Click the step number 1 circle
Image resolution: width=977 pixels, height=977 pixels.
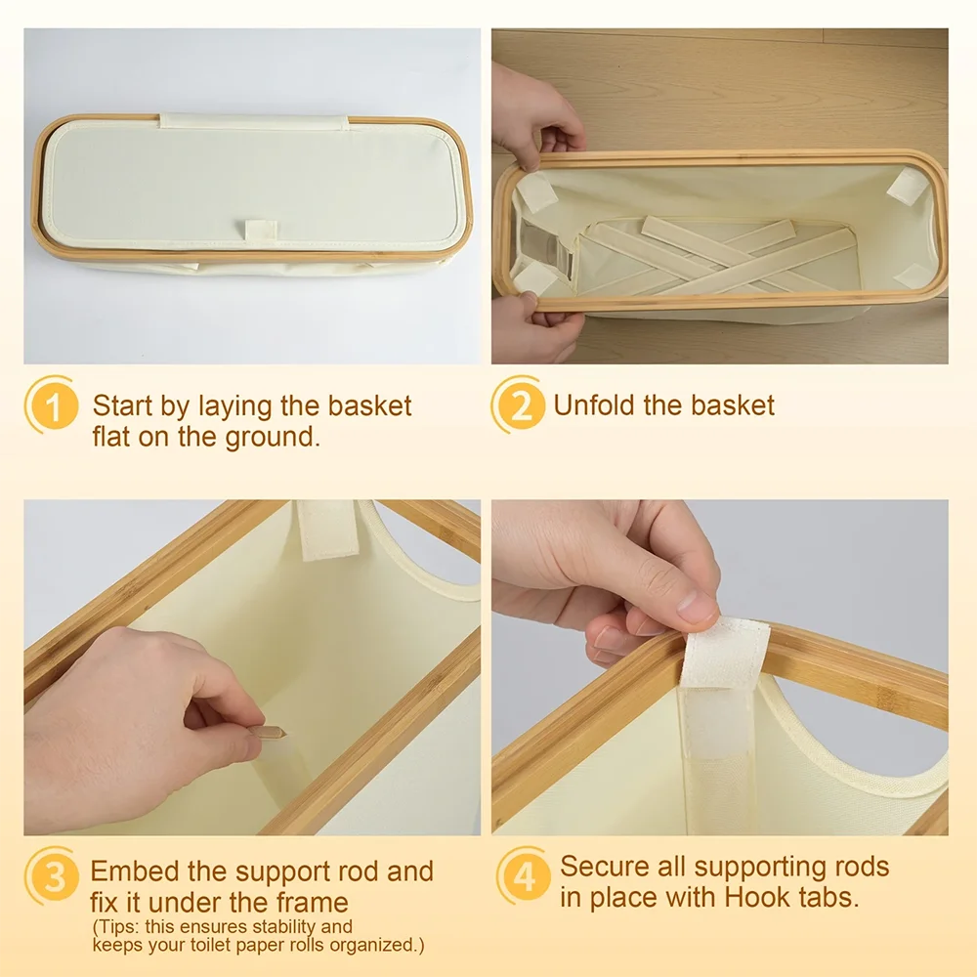51,405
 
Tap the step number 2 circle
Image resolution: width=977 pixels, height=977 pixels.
520,405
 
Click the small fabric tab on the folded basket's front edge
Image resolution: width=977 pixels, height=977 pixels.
261,232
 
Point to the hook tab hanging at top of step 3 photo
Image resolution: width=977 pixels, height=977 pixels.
326,529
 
